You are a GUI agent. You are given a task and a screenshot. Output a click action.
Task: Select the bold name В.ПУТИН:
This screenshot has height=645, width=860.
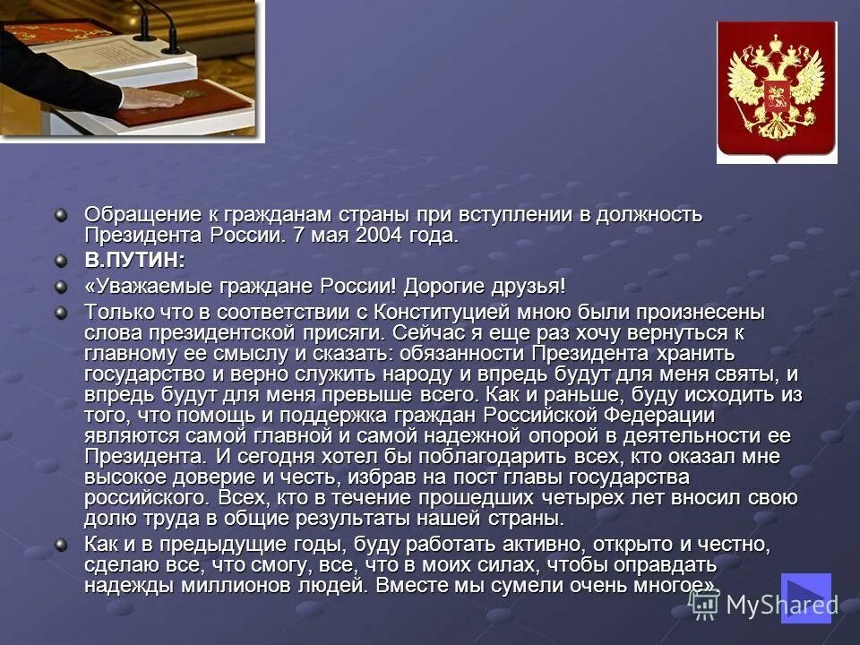[134, 261]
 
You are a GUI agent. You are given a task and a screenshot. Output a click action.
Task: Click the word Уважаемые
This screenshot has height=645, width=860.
[140, 286]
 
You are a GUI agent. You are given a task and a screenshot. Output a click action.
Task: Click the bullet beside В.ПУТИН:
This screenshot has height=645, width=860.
[60, 261]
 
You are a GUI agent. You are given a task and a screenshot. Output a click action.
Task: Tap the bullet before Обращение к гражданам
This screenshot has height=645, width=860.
[60, 215]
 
